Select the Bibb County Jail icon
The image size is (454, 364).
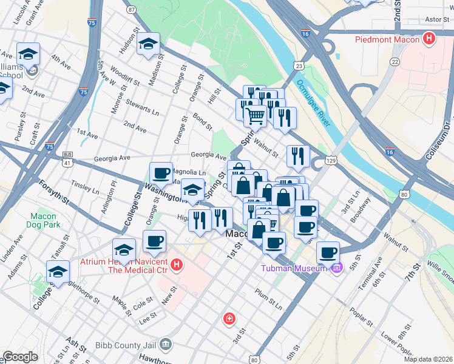(x=166, y=345)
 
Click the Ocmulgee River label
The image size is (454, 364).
(x=313, y=103)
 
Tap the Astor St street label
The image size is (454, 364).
(x=436, y=19)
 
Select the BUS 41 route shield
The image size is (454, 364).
(x=67, y=159)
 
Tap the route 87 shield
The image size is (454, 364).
(x=132, y=10)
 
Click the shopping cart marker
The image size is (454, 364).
(x=256, y=115)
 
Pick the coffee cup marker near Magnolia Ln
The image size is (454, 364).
(x=161, y=174)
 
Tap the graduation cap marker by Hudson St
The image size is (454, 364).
(x=148, y=44)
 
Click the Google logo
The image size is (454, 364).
(x=20, y=357)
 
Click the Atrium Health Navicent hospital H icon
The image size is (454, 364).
(x=176, y=265)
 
